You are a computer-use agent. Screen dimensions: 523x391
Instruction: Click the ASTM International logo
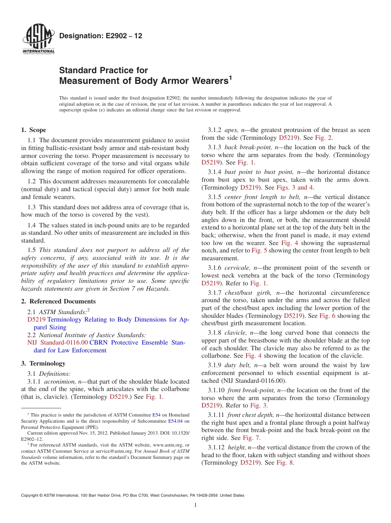[x=38, y=40]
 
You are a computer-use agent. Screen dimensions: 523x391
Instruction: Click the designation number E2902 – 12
[x=100, y=36]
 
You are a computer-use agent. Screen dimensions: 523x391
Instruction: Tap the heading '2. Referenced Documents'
[x=58, y=301]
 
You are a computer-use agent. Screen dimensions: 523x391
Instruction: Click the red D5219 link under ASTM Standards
[x=37, y=319]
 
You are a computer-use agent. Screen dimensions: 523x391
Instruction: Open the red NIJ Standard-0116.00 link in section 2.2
[x=57, y=342]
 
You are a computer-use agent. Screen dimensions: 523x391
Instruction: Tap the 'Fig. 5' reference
[x=259, y=251]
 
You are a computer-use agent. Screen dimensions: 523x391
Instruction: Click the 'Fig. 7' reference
[x=251, y=438]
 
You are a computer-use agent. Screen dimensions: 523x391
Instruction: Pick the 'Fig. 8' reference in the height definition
[x=285, y=463]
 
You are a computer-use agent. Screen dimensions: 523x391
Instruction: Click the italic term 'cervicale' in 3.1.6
[x=237, y=268]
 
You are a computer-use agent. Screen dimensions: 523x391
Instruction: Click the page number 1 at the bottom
[x=195, y=505]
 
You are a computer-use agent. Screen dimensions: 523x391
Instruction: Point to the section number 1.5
[x=32, y=250]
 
